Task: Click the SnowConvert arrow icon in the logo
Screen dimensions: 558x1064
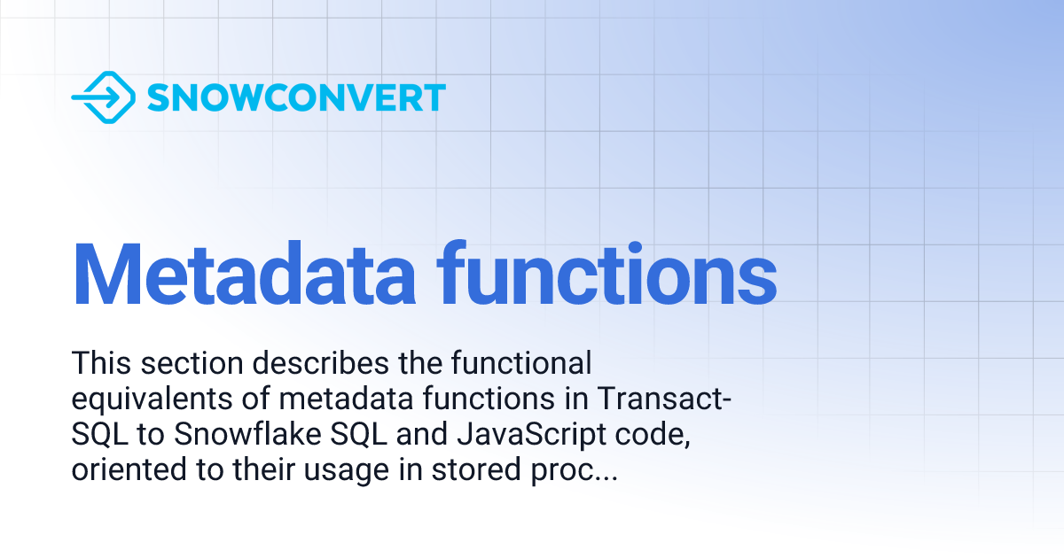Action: click(102, 97)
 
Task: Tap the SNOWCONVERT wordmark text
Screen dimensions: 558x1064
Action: click(296, 97)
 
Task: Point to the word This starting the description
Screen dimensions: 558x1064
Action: click(98, 363)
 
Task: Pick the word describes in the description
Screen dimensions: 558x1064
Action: click(307, 363)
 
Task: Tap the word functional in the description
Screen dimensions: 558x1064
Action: click(521, 363)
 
